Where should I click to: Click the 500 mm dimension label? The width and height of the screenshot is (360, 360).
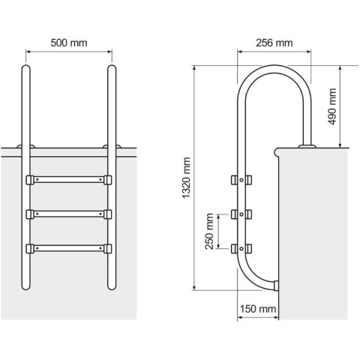(x=68, y=43)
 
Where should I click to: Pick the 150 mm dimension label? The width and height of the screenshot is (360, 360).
(x=258, y=309)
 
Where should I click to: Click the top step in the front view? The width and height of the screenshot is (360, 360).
(x=68, y=180)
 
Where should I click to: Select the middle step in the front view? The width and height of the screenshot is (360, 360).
(x=68, y=214)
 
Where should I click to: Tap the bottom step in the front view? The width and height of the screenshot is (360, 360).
(x=68, y=247)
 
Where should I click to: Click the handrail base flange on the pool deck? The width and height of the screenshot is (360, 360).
(x=307, y=145)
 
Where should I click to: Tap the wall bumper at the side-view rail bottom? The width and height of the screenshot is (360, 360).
(x=277, y=285)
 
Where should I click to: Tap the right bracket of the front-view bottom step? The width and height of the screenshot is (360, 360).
(x=107, y=247)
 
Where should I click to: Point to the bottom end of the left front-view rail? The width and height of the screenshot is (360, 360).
(x=25, y=287)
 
